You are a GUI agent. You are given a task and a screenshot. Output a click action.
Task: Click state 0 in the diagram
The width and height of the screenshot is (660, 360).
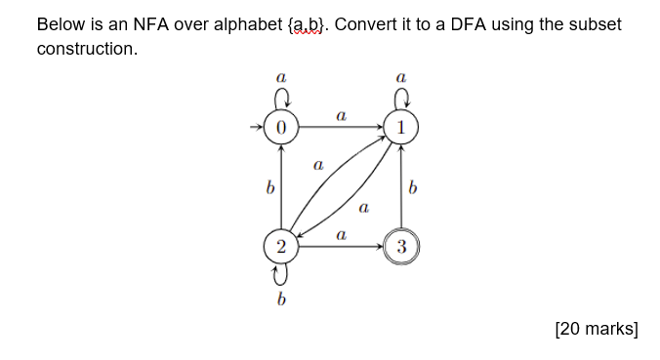[281, 127]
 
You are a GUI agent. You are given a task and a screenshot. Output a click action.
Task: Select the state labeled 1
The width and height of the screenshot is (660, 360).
[401, 127]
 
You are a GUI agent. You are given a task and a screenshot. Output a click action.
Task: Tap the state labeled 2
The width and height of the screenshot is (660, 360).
[281, 247]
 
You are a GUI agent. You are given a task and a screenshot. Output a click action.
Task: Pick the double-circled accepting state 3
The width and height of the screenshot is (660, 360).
[401, 247]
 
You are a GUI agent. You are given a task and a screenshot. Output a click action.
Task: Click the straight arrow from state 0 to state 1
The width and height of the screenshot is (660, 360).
[341, 127]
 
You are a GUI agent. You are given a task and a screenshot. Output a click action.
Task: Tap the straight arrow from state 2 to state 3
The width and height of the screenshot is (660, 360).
[341, 247]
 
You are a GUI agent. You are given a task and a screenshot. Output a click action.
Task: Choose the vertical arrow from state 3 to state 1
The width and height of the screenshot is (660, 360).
[401, 187]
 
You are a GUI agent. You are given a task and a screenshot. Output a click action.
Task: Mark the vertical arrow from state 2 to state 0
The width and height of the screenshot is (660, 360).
[281, 187]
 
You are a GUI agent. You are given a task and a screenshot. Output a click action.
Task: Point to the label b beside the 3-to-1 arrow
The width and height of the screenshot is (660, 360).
[415, 188]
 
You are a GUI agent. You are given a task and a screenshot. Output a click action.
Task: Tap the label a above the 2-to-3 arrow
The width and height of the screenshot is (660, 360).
[341, 235]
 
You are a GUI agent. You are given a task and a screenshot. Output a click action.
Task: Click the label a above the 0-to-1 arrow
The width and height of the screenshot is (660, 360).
[341, 115]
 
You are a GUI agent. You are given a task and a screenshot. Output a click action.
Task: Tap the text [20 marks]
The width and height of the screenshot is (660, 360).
[596, 329]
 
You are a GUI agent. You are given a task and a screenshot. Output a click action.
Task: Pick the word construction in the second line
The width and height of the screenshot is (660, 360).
[86, 48]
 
